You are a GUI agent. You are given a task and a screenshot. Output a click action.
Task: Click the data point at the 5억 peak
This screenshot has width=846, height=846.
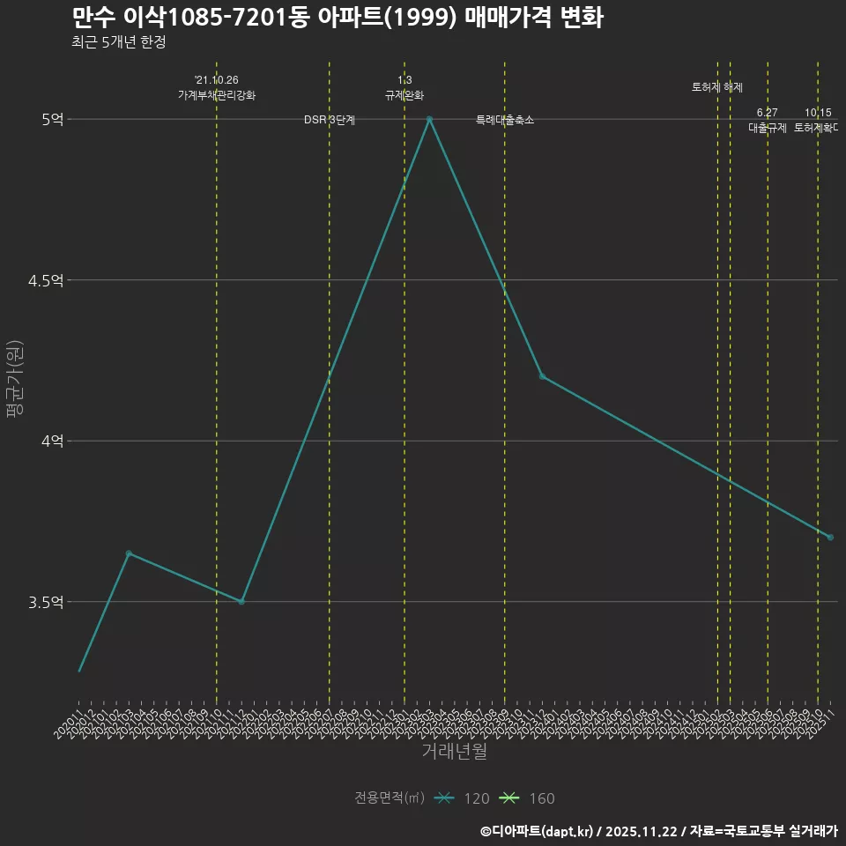pos(429,119)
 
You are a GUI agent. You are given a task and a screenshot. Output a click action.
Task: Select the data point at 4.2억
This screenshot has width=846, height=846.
pos(542,376)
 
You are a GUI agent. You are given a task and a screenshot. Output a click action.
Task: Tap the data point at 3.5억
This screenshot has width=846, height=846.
pos(241,602)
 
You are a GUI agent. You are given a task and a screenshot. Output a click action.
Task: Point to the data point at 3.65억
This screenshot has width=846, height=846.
pos(129,553)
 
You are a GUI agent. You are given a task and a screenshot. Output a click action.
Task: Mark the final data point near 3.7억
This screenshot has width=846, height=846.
pos(830,537)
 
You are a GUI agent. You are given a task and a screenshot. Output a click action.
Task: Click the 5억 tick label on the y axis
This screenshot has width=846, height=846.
pos(52,119)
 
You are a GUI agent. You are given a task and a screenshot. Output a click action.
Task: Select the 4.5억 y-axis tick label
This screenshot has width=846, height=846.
pos(46,280)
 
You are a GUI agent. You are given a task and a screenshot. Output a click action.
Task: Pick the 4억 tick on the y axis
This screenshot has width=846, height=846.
pos(52,441)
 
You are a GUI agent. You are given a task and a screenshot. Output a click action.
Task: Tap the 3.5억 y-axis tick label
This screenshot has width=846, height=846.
pos(46,602)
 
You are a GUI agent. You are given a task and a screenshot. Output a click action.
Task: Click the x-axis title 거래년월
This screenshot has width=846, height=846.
pos(454,752)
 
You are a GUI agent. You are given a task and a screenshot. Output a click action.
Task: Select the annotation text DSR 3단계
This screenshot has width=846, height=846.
pos(330,120)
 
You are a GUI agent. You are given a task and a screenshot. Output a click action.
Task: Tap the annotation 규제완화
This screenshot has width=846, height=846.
pos(404,95)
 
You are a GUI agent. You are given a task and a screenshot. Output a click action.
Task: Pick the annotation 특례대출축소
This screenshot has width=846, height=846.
pos(505,120)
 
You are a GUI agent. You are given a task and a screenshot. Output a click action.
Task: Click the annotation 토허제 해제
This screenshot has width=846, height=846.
pos(717,87)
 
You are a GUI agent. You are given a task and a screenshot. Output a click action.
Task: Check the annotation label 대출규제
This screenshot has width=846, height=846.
pos(768,128)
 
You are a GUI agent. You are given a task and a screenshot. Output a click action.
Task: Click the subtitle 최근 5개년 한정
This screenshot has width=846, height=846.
pos(118,41)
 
